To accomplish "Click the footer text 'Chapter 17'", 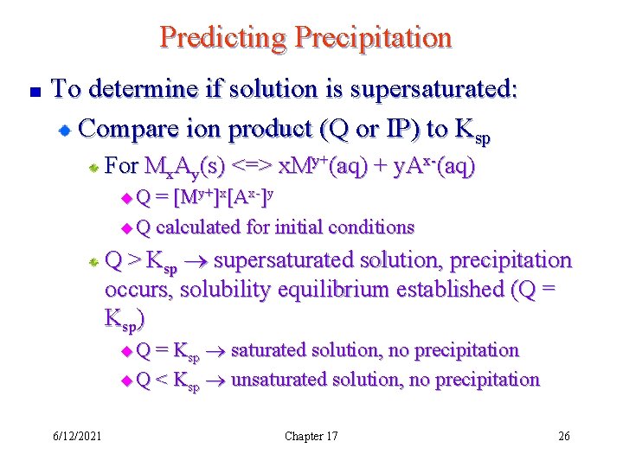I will pyautogui.click(x=311, y=436).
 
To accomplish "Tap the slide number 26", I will pyautogui.click(x=563, y=436).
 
